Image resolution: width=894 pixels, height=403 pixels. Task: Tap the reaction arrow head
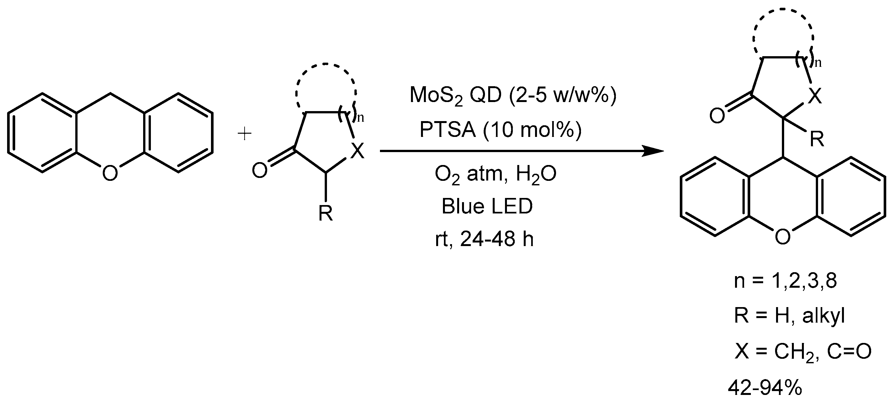pos(654,151)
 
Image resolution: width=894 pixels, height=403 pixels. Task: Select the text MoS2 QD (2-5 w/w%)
pos(513,95)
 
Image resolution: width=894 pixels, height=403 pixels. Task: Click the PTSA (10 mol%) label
pos(500,130)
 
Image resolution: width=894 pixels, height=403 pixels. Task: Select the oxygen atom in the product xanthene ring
pos(783,237)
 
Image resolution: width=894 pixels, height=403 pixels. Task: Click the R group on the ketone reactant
pos(326,213)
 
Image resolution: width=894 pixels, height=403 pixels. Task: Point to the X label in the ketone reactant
pos(357,151)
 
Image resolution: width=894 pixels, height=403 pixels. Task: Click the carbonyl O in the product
pos(717,116)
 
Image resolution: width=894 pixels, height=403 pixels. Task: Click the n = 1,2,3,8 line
pos(785,281)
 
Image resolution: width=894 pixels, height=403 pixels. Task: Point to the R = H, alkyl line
pos(789,316)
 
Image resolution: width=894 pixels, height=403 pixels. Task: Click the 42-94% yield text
pos(765,388)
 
